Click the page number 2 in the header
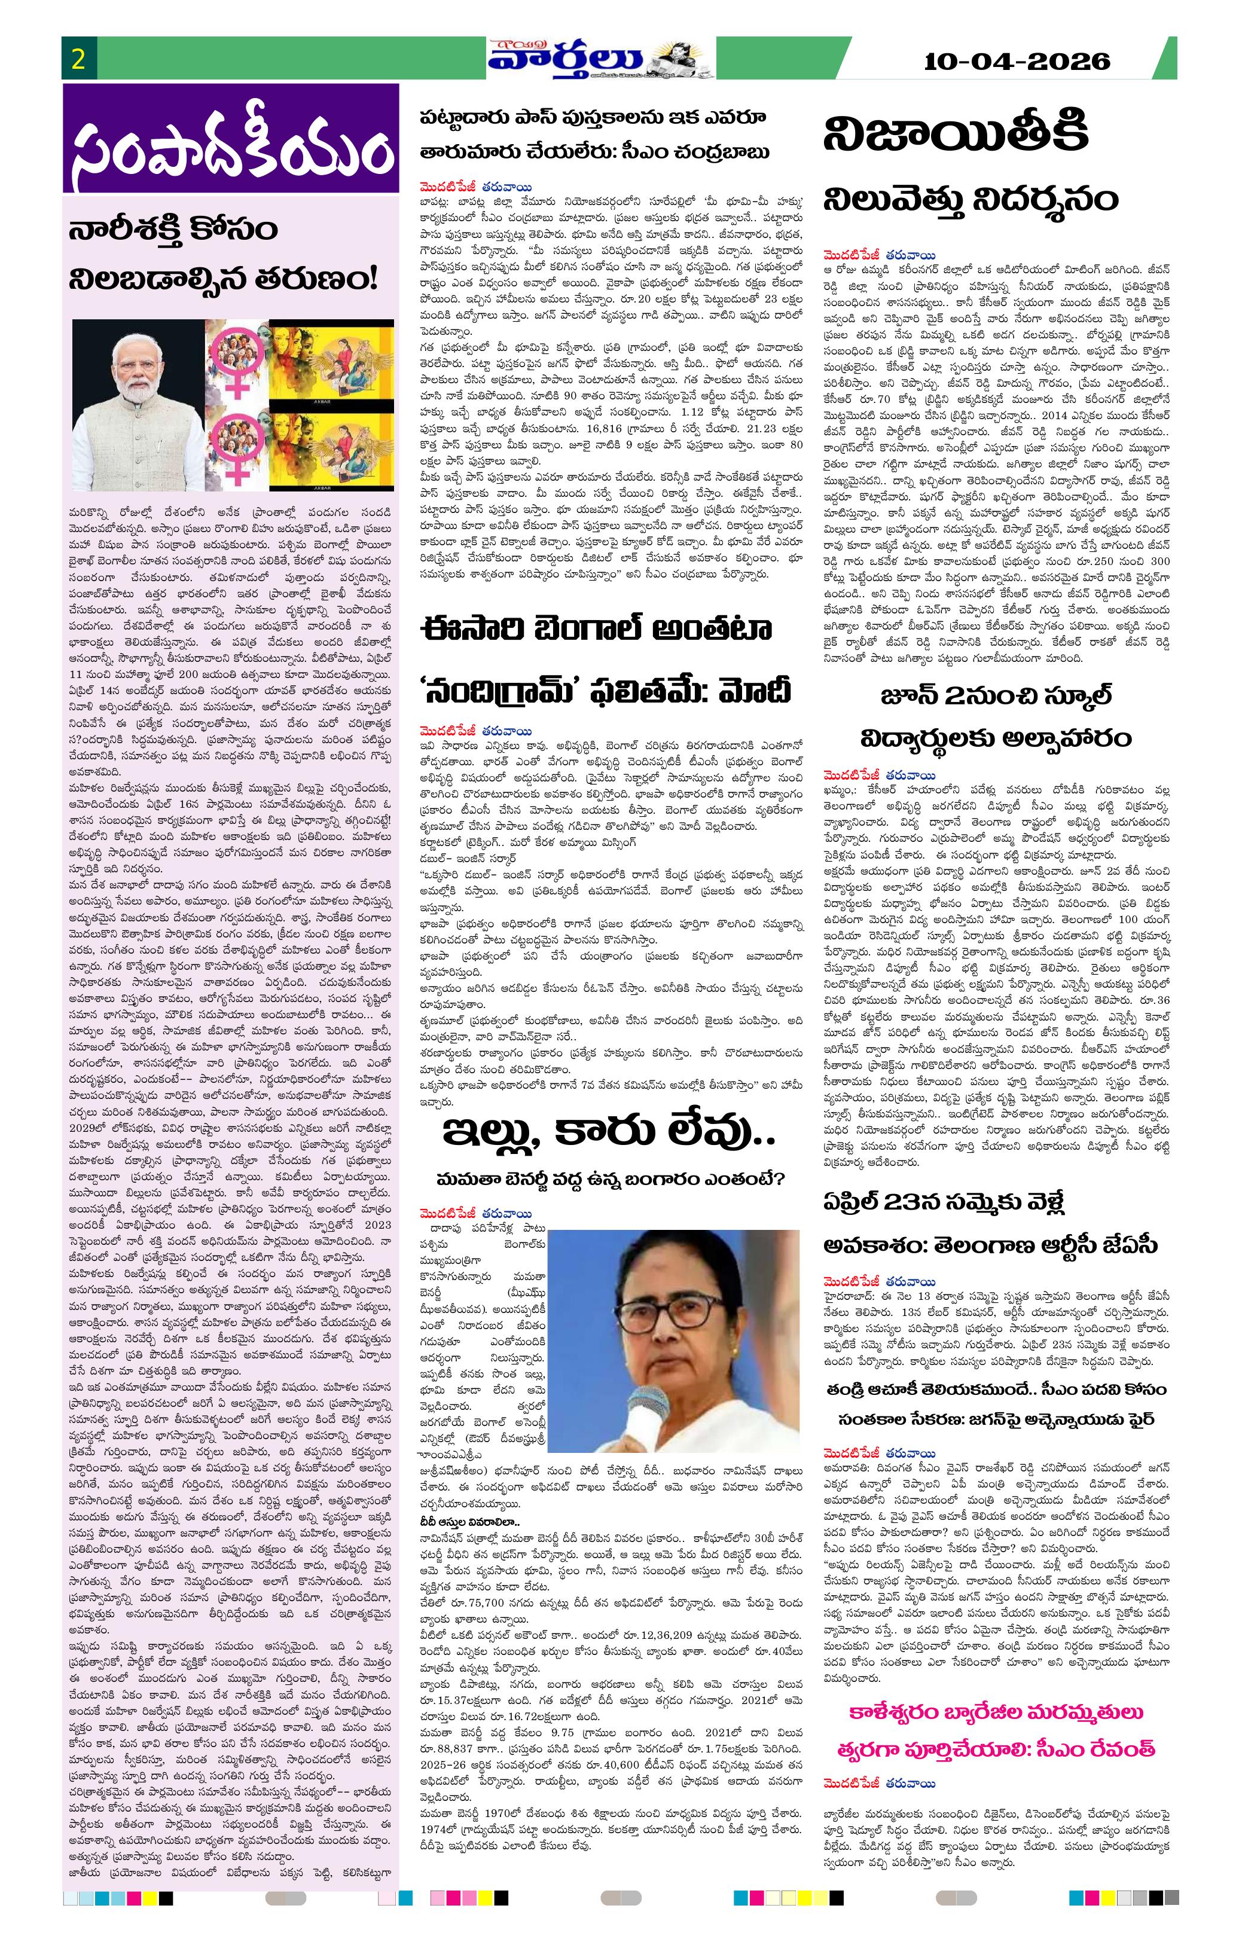coord(78,60)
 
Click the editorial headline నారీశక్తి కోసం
coord(173,230)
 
